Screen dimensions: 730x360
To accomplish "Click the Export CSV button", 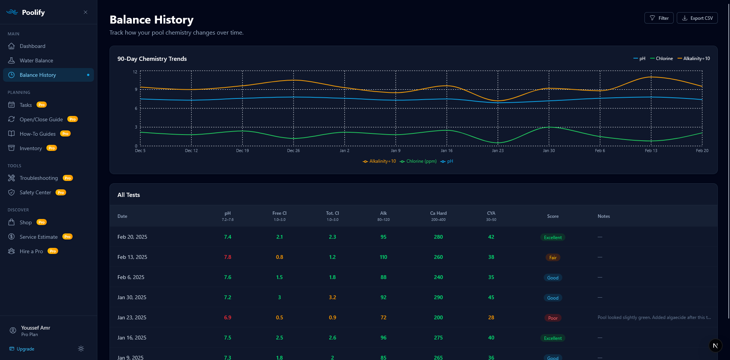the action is coord(697,18).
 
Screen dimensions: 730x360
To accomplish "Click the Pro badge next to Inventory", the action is coord(52,148).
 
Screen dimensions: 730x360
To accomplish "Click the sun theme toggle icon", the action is coord(81,349).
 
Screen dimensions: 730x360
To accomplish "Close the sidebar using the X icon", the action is coord(86,12).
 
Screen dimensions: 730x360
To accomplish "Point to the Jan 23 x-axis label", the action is coord(498,151).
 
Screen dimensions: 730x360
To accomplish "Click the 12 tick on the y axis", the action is coord(135,72).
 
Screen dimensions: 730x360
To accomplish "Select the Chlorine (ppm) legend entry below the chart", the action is coord(418,161).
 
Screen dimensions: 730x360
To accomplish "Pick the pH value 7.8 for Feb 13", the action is coord(228,257).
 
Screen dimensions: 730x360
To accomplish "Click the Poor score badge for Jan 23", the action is coord(553,318).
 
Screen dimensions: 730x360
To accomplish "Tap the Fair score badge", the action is coord(553,257).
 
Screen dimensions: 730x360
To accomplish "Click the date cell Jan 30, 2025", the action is coord(132,297).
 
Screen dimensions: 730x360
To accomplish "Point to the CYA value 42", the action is coord(491,237).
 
